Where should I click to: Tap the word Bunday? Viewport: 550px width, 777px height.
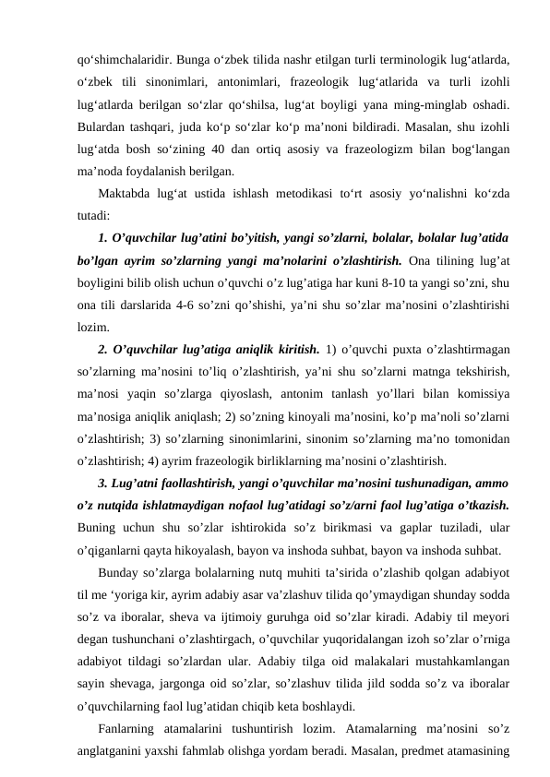[119, 573]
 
